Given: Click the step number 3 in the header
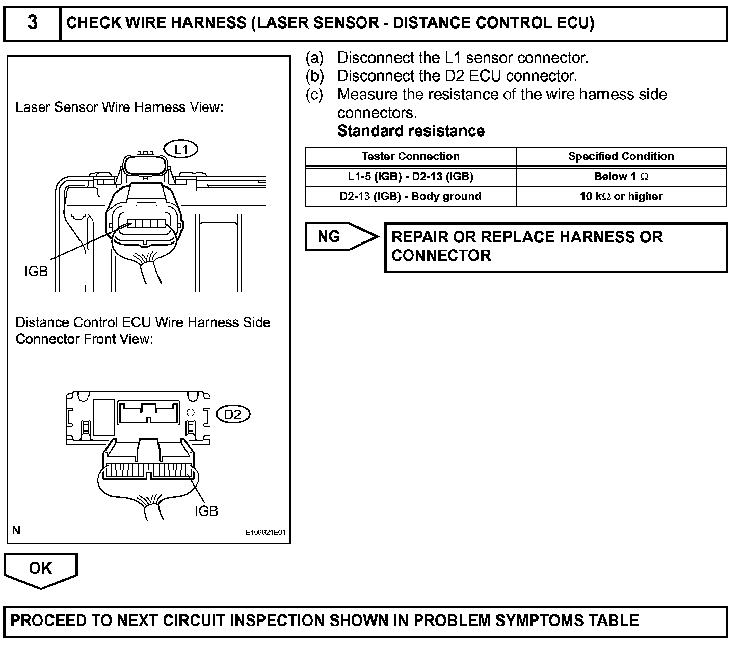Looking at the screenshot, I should pyautogui.click(x=32, y=23).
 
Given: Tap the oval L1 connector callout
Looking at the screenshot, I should pyautogui.click(x=181, y=149).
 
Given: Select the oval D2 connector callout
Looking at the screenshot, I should pyautogui.click(x=233, y=415).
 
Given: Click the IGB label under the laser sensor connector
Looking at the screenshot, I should pyautogui.click(x=36, y=272).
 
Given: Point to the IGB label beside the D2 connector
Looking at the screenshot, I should pyautogui.click(x=206, y=511).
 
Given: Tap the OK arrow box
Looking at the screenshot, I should pyautogui.click(x=41, y=570).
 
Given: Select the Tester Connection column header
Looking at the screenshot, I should pyautogui.click(x=410, y=156).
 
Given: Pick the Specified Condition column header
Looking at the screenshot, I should pyautogui.click(x=621, y=156).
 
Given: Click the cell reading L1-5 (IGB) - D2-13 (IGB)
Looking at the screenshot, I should pyautogui.click(x=410, y=177).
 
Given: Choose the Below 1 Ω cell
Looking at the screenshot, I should pyautogui.click(x=621, y=177).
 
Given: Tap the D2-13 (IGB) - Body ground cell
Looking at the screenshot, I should pyautogui.click(x=410, y=196).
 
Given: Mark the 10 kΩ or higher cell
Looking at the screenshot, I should pyautogui.click(x=621, y=196).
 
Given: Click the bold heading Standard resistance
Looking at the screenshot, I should pyautogui.click(x=411, y=131).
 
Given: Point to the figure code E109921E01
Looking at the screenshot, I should pyautogui.click(x=265, y=533).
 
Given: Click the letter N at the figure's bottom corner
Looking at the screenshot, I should pyautogui.click(x=17, y=530).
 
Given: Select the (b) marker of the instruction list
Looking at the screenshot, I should pyautogui.click(x=314, y=76).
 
